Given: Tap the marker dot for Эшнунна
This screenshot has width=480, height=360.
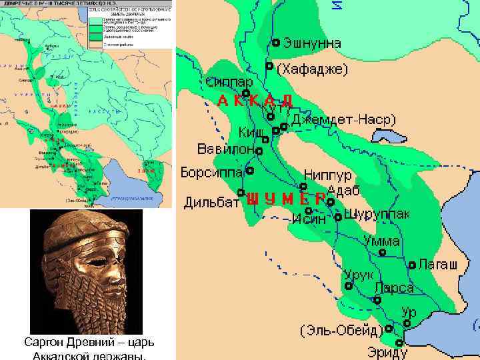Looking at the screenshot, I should coord(276,43).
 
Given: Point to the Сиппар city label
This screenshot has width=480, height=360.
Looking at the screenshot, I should coord(229,83).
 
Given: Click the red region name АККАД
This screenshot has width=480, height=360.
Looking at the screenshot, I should coord(255,101).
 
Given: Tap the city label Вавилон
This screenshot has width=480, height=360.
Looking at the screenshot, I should coord(225,149).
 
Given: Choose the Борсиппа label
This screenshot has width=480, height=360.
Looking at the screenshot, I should coord(211,171).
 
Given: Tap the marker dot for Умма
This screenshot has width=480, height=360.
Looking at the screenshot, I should coord(382,253).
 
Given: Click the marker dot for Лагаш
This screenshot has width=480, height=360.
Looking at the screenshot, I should coord(412,265).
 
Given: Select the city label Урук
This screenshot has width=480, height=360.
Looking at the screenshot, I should coord(359,275).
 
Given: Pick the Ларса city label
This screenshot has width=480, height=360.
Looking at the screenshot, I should coord(394,289).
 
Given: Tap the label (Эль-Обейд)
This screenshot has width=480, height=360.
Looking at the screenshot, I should coord(340,330).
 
